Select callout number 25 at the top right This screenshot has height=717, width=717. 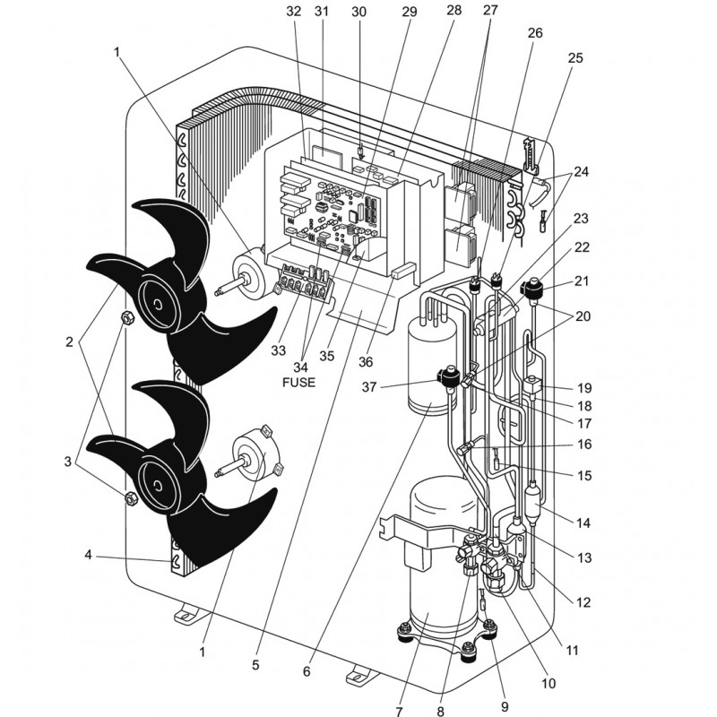click(575, 58)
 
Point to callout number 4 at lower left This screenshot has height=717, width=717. click(88, 555)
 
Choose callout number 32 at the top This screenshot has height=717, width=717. click(293, 11)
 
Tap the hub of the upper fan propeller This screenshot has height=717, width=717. click(157, 303)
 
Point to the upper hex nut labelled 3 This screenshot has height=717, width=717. click(126, 317)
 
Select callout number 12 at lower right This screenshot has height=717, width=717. click(584, 602)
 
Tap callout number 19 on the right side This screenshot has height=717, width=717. click(584, 388)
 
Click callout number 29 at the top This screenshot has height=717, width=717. click(410, 11)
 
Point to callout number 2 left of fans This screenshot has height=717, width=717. click(67, 343)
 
